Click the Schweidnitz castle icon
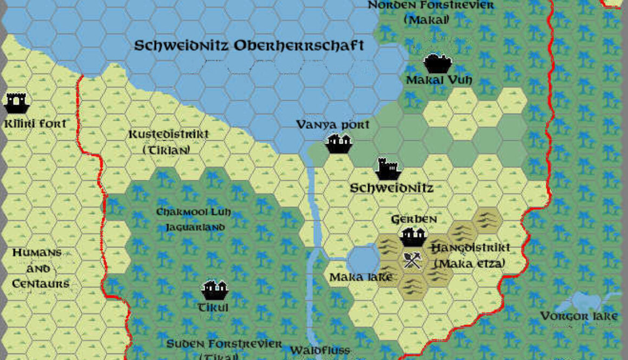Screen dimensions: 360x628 pyautogui.click(x=389, y=169)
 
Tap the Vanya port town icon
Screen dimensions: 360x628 pyautogui.click(x=339, y=143)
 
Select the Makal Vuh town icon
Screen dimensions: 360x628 pyautogui.click(x=437, y=63)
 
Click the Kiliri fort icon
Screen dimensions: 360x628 pyautogui.click(x=16, y=101)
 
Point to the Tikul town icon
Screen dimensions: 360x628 pyautogui.click(x=214, y=290)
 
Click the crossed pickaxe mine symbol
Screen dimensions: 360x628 pyautogui.click(x=412, y=261)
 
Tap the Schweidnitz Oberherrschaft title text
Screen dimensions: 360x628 pyautogui.click(x=249, y=45)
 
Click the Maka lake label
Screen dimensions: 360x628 pyautogui.click(x=361, y=277)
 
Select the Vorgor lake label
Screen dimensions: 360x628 pyautogui.click(x=579, y=316)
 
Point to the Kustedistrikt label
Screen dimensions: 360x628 pyautogui.click(x=168, y=134)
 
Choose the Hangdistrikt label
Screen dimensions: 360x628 pyautogui.click(x=470, y=248)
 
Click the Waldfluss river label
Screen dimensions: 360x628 pyautogui.click(x=320, y=350)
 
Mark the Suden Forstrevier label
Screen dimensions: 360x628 pyautogui.click(x=224, y=344)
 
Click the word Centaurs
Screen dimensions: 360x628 pyautogui.click(x=41, y=284)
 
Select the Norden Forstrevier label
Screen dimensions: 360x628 pyautogui.click(x=431, y=5)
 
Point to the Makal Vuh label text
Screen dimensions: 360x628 pyautogui.click(x=439, y=80)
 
